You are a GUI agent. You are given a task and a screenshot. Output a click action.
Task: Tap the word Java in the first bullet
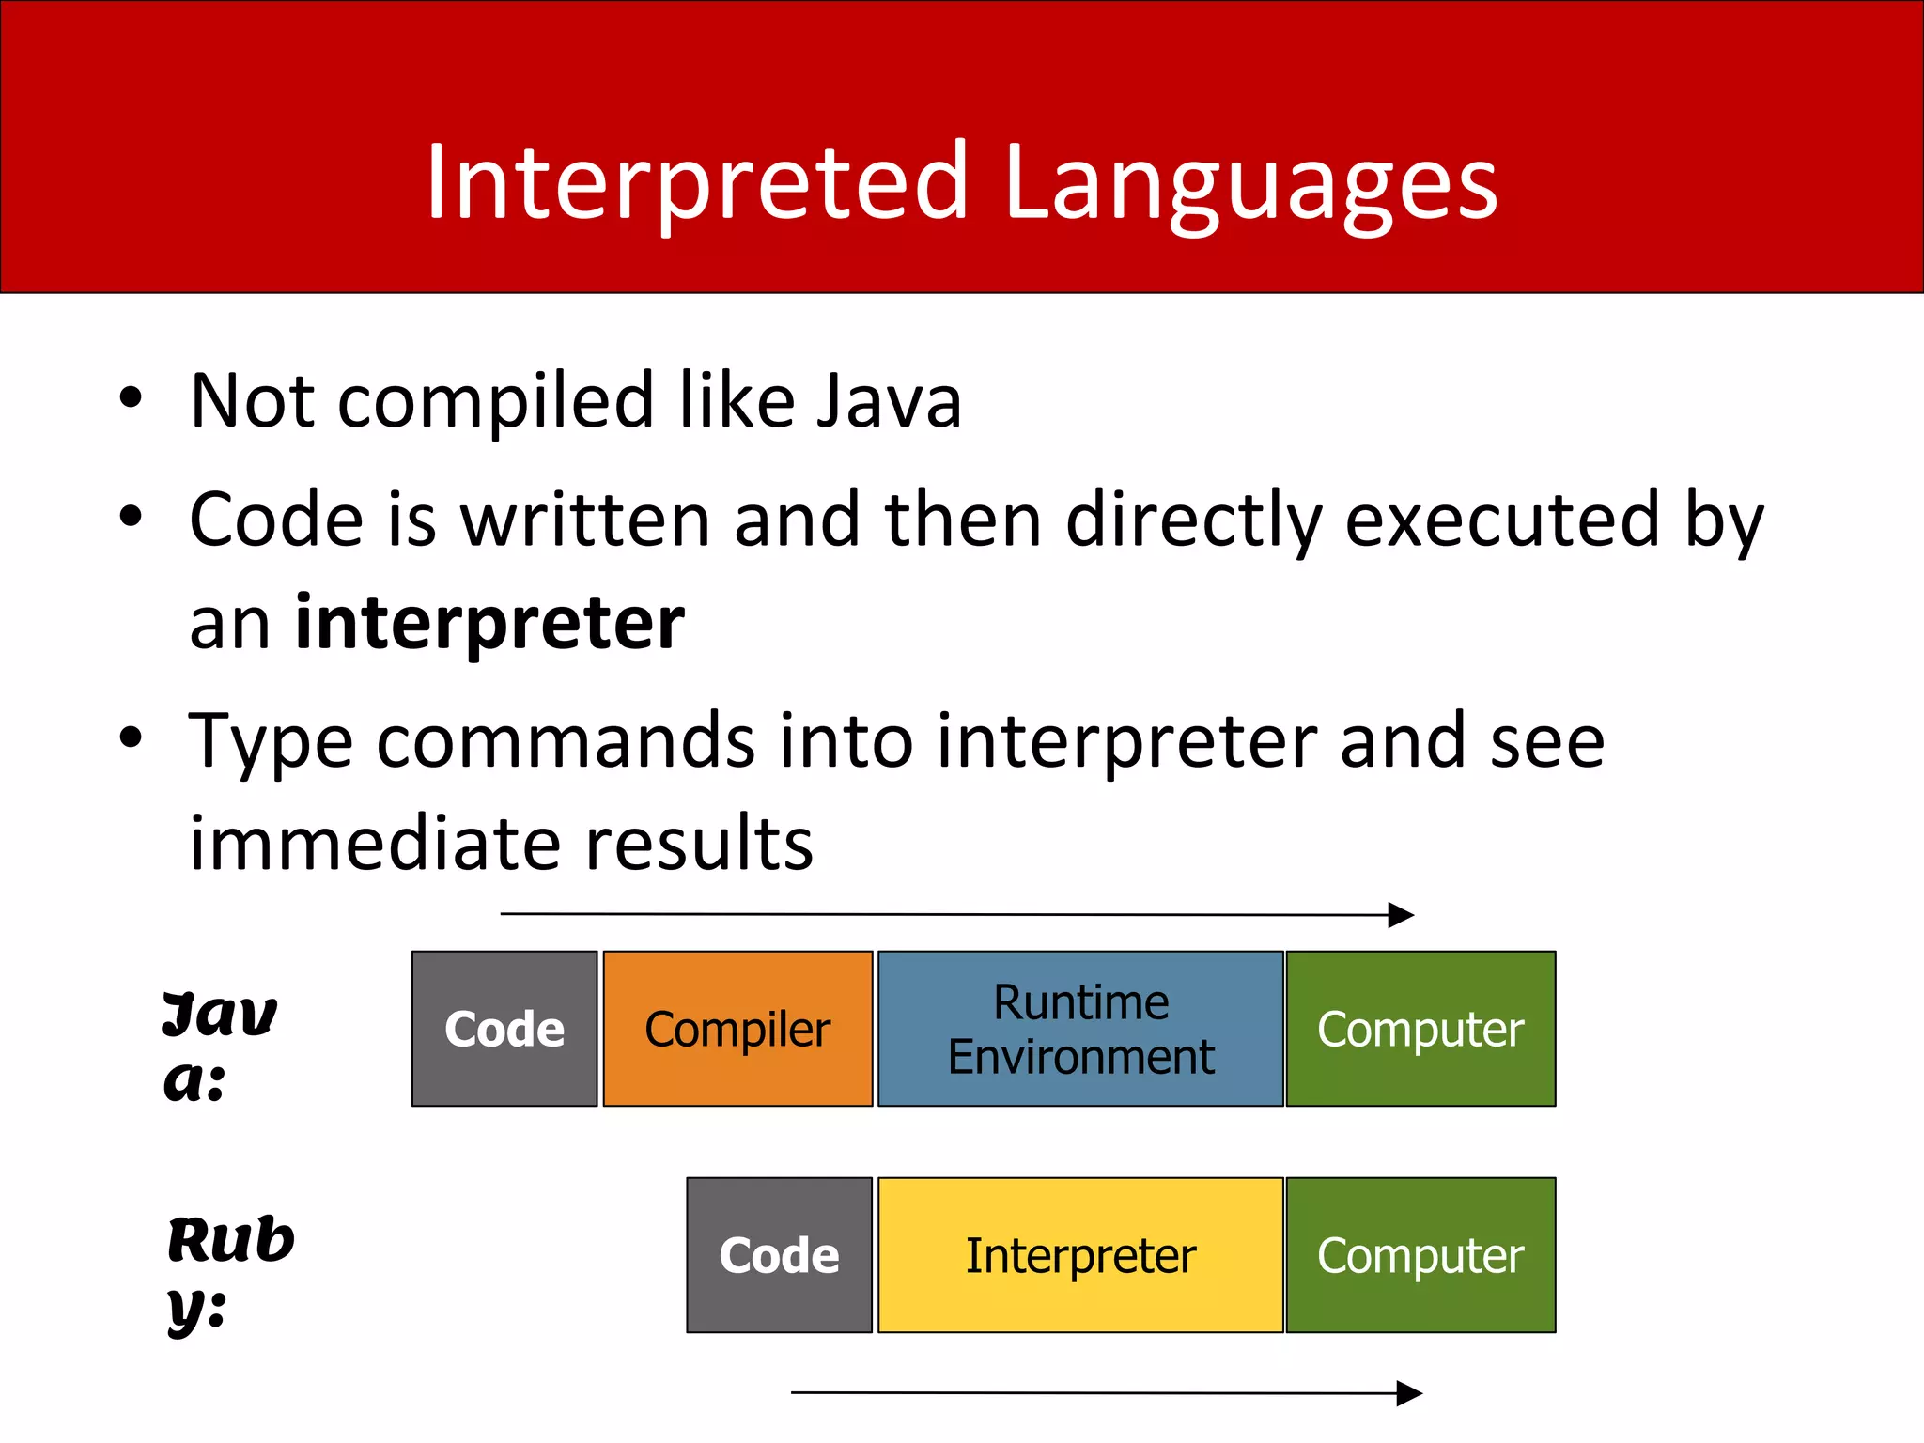[889, 401]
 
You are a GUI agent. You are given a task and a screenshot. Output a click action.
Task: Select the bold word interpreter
[489, 623]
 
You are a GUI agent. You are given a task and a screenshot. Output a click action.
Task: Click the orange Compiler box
[737, 1029]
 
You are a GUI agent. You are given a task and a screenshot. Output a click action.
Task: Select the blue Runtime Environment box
[1080, 1029]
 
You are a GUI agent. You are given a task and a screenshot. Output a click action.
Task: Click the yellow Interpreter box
[1080, 1255]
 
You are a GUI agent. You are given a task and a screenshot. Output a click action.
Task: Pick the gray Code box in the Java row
[504, 1029]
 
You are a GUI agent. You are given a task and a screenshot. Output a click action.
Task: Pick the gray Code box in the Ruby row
[779, 1255]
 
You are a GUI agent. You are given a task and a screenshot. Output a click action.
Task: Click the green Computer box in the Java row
[1420, 1029]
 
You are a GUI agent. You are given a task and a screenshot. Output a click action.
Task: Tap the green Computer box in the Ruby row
[1420, 1255]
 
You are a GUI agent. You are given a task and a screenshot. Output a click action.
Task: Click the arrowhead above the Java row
[1401, 915]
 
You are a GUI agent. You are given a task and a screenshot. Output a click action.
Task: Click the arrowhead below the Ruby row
[1408, 1393]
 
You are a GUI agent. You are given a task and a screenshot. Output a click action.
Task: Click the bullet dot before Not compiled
[131, 398]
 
